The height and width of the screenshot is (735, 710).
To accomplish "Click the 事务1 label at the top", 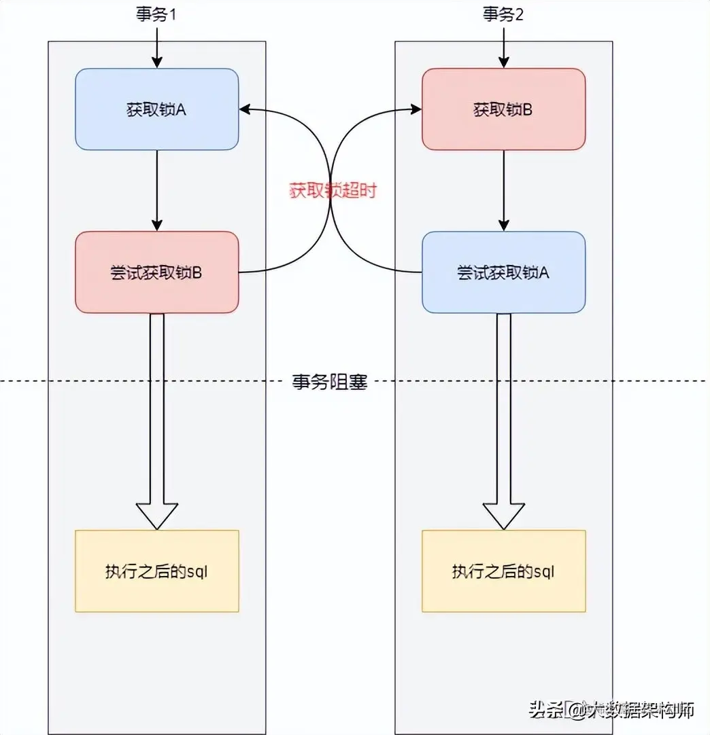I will [156, 15].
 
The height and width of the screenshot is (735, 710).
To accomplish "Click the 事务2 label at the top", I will [503, 15].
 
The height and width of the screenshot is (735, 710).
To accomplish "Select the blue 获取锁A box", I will [156, 109].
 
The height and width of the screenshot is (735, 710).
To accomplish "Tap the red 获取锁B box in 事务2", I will [503, 109].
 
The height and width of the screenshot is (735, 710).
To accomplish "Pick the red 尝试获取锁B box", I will [156, 272].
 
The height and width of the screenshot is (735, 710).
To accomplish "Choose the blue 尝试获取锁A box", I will [503, 272].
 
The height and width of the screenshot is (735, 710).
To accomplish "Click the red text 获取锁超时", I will [332, 191].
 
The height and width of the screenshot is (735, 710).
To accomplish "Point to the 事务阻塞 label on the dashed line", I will [330, 382].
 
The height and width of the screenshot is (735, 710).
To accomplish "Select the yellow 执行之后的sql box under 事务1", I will [156, 571].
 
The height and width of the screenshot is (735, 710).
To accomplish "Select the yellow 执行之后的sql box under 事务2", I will [503, 571].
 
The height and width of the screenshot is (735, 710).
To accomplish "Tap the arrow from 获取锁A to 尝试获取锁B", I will [157, 190].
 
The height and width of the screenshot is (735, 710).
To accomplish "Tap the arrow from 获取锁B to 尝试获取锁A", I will [504, 190].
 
